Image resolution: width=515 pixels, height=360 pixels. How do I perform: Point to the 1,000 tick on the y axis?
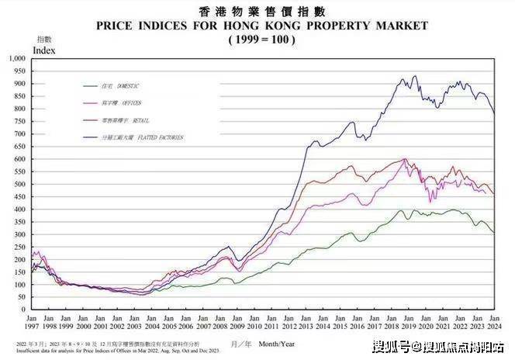(x=17, y=58)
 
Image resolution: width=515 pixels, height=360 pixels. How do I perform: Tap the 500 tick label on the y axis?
(x=19, y=184)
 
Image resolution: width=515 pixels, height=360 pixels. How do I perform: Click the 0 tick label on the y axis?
(x=24, y=310)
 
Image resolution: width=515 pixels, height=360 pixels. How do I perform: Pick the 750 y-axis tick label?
(x=19, y=121)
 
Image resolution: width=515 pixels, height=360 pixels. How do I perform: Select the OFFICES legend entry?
(x=125, y=102)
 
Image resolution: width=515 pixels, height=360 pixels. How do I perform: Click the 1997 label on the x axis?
(x=33, y=325)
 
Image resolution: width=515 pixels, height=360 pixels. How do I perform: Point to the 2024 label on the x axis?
(x=493, y=325)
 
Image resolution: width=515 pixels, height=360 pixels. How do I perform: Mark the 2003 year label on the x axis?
(x=135, y=325)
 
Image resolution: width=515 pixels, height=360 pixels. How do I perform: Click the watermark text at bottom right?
(x=438, y=346)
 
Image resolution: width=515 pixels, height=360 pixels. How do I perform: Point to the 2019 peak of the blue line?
(x=414, y=76)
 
